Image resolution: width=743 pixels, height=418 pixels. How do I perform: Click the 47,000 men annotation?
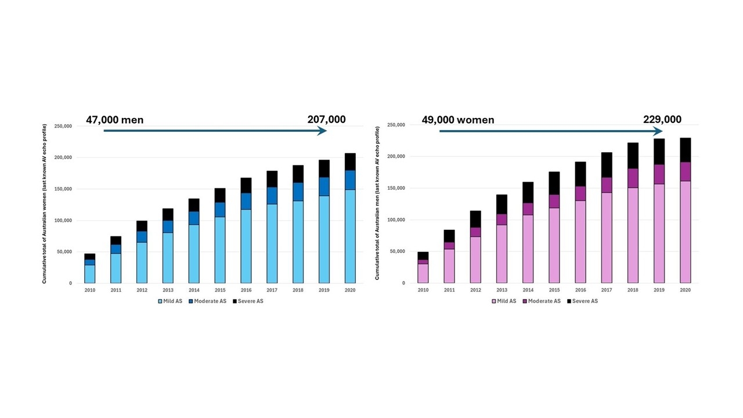click(114, 120)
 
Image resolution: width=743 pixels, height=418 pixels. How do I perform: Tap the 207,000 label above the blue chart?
click(326, 120)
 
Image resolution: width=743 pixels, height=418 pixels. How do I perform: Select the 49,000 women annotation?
click(458, 120)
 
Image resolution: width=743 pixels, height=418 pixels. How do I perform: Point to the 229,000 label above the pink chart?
click(662, 120)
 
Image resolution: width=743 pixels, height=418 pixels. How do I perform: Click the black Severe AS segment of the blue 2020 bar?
click(350, 162)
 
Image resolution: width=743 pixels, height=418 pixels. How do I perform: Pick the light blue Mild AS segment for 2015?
click(220, 250)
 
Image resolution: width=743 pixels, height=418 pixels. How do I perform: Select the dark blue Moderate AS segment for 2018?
click(298, 192)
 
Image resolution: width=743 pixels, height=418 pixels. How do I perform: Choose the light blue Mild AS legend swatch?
click(161, 301)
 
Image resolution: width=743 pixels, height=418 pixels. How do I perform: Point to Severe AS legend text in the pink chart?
click(585, 301)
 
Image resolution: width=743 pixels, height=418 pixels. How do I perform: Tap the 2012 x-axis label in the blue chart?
click(142, 290)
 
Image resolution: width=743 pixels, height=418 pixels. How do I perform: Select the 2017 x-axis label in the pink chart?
click(606, 290)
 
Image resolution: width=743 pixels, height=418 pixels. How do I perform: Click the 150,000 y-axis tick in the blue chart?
click(63, 189)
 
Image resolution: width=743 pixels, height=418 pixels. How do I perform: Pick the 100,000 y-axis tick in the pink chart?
click(395, 220)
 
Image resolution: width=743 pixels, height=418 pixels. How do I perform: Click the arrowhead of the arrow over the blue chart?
click(323, 131)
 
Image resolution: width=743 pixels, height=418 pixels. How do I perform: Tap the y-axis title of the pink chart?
click(377, 203)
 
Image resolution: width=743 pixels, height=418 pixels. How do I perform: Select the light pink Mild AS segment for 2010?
click(423, 273)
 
